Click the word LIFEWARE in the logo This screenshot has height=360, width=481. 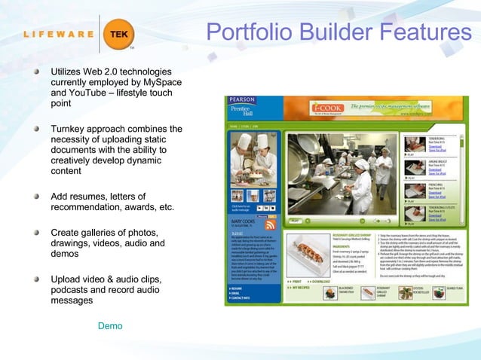coord(57,34)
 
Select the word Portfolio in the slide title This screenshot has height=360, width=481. coord(247,32)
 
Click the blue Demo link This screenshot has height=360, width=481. coord(110,326)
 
